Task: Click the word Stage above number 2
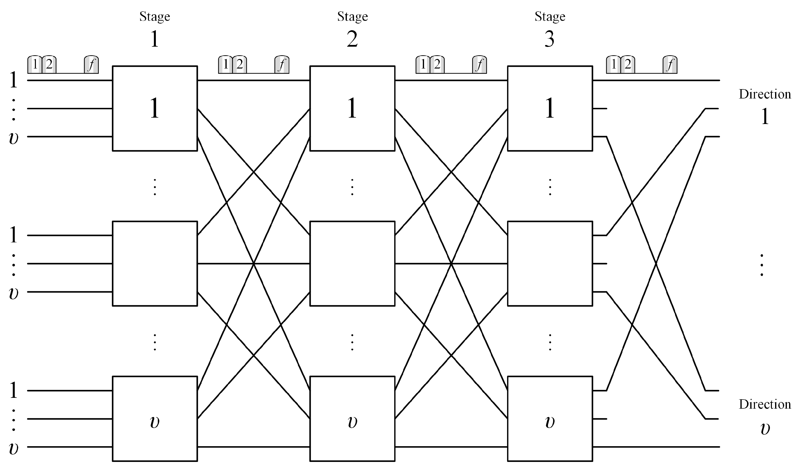point(352,16)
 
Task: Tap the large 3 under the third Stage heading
point(549,39)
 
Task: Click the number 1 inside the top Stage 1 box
point(154,108)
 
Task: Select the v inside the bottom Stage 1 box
point(154,422)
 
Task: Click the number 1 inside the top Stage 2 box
point(352,108)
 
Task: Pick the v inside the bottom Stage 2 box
point(352,422)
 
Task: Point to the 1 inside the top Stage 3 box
point(549,108)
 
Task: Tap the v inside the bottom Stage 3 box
point(549,422)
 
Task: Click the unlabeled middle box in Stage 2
point(352,263)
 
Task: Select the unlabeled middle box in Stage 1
point(155,263)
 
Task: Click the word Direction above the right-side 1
point(765,94)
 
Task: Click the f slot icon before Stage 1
point(91,65)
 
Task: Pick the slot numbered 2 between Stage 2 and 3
point(437,65)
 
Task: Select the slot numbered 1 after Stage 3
point(613,65)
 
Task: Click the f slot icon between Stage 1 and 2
point(282,65)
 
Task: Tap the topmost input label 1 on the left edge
point(13,80)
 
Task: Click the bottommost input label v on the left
point(13,448)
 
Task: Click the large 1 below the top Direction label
point(765,116)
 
